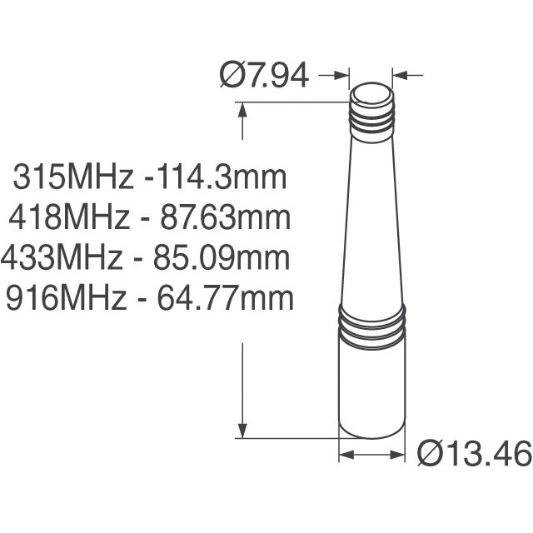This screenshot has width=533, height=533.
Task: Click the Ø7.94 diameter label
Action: (264, 76)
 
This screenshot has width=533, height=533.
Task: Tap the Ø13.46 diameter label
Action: (473, 455)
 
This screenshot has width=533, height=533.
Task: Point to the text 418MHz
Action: (70, 218)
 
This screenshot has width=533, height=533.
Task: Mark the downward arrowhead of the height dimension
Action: (242, 429)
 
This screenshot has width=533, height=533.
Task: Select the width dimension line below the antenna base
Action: (371, 455)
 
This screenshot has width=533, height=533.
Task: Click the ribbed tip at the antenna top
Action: (371, 108)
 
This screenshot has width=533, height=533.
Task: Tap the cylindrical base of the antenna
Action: (371, 391)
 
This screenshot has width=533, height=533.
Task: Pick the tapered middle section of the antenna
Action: (371, 225)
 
